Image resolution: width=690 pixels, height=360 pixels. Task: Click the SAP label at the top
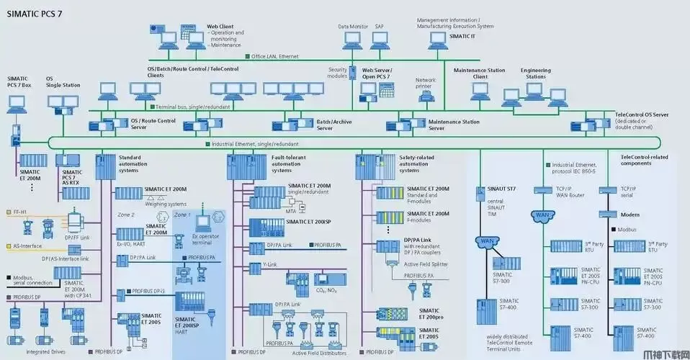380,27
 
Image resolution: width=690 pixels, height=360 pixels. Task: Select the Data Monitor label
354,27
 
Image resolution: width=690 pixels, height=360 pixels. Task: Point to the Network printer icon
426,94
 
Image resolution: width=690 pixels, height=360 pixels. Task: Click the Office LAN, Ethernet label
274,56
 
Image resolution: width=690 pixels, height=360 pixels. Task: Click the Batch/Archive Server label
334,125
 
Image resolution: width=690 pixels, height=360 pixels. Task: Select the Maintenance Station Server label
454,125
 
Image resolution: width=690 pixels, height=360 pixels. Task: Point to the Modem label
629,215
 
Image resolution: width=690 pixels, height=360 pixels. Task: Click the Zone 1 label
182,215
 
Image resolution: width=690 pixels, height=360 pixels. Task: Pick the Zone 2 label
126,215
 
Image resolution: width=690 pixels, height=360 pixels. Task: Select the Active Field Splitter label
425,264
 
